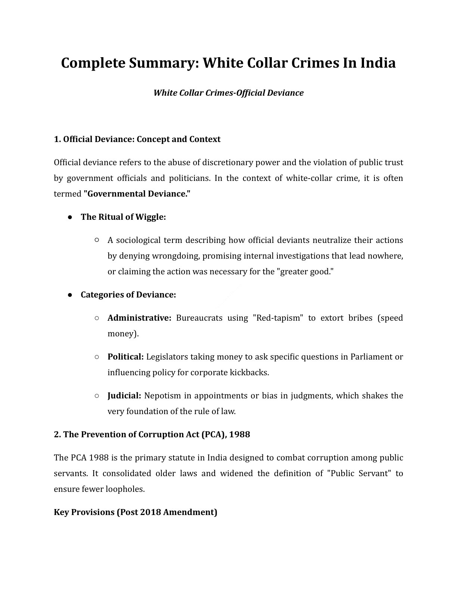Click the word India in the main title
click(377, 63)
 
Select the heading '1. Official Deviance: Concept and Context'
click(137, 139)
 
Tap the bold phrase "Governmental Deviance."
click(137, 194)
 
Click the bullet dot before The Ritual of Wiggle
click(70, 217)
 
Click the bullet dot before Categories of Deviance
click(70, 295)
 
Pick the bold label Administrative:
click(139, 318)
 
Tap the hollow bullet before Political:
click(97, 357)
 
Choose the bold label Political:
click(125, 357)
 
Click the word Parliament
click(371, 357)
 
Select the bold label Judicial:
click(124, 396)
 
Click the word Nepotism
click(161, 396)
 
